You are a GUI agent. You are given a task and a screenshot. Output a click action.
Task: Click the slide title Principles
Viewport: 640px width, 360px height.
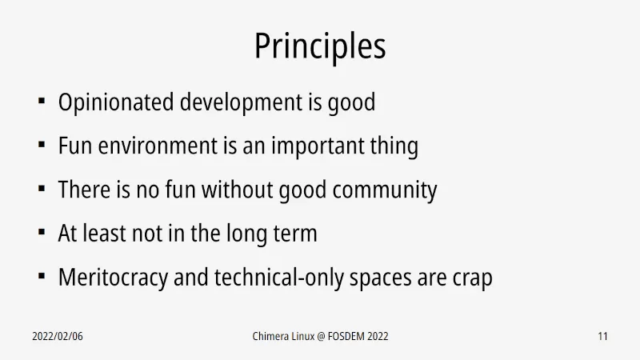[320, 46]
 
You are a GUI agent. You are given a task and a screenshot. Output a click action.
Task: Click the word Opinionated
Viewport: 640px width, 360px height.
[116, 102]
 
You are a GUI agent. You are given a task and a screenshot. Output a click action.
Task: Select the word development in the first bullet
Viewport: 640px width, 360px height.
[241, 102]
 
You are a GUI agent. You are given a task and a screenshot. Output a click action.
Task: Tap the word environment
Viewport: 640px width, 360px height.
[158, 146]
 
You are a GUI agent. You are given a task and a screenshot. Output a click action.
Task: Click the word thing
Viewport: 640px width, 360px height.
[394, 146]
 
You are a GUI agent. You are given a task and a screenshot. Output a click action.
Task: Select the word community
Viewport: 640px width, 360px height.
[385, 190]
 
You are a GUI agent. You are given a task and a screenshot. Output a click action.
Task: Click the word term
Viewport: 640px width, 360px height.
[295, 234]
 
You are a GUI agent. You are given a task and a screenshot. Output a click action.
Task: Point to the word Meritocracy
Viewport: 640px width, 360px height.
[113, 278]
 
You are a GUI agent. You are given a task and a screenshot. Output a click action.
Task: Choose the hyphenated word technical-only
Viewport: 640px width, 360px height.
[278, 278]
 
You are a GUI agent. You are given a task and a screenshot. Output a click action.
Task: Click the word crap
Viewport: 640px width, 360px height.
[472, 278]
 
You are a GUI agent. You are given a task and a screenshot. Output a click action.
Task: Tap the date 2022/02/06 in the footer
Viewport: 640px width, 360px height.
[58, 336]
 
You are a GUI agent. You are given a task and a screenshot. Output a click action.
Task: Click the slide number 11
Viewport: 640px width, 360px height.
[603, 336]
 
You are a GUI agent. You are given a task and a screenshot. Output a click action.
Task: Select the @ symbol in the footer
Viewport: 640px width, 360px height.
[321, 337]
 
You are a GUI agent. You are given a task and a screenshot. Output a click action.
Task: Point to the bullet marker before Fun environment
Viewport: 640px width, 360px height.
[42, 145]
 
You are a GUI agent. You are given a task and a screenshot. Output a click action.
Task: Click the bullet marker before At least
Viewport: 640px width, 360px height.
[42, 232]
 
